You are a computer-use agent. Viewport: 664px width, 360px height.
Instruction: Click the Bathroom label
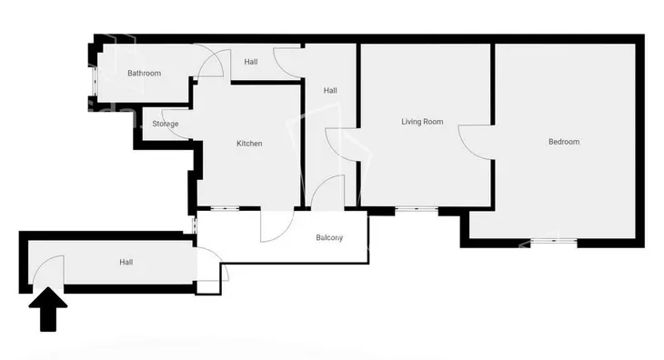144,74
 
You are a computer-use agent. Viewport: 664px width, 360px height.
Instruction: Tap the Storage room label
166,124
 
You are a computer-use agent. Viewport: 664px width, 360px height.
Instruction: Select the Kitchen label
249,144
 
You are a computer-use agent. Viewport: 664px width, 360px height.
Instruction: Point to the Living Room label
422,122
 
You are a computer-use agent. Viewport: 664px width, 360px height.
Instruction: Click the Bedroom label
564,142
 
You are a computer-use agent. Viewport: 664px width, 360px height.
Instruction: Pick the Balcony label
329,238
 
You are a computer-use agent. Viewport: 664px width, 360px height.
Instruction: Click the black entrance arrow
48,309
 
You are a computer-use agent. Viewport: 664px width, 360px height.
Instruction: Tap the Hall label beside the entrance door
126,263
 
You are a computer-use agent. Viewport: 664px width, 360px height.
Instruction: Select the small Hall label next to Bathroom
251,62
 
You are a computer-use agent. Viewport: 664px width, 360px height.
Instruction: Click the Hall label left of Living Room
330,91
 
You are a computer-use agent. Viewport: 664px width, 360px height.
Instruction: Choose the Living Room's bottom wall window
417,208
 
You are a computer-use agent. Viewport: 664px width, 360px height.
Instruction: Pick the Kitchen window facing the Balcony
225,208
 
